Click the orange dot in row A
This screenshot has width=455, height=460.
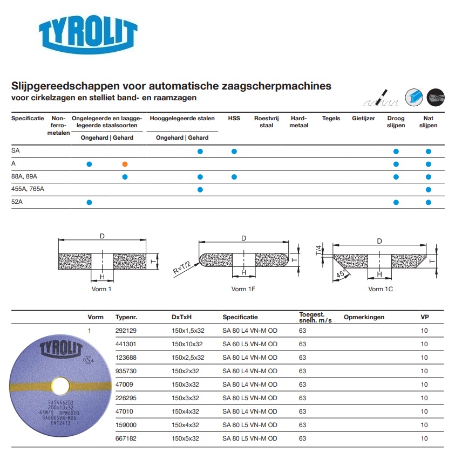[x=125, y=164]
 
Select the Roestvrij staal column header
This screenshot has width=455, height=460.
[x=266, y=122]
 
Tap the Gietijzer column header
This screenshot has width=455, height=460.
[x=363, y=119]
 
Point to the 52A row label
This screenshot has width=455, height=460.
[x=18, y=202]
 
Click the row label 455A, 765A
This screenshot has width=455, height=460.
[x=28, y=189]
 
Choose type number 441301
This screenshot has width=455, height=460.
[x=126, y=344]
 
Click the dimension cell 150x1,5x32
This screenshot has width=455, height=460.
[x=188, y=331]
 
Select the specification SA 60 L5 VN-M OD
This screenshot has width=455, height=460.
[x=250, y=344]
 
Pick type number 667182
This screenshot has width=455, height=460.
[x=126, y=438]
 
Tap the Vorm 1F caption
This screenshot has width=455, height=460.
[x=243, y=289]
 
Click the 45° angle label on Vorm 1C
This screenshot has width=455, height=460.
[x=341, y=274]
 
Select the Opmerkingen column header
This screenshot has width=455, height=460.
[x=364, y=317]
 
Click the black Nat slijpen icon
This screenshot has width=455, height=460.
[x=436, y=97]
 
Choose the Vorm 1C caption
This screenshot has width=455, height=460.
[x=381, y=289]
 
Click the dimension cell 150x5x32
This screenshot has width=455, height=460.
[x=186, y=438]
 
